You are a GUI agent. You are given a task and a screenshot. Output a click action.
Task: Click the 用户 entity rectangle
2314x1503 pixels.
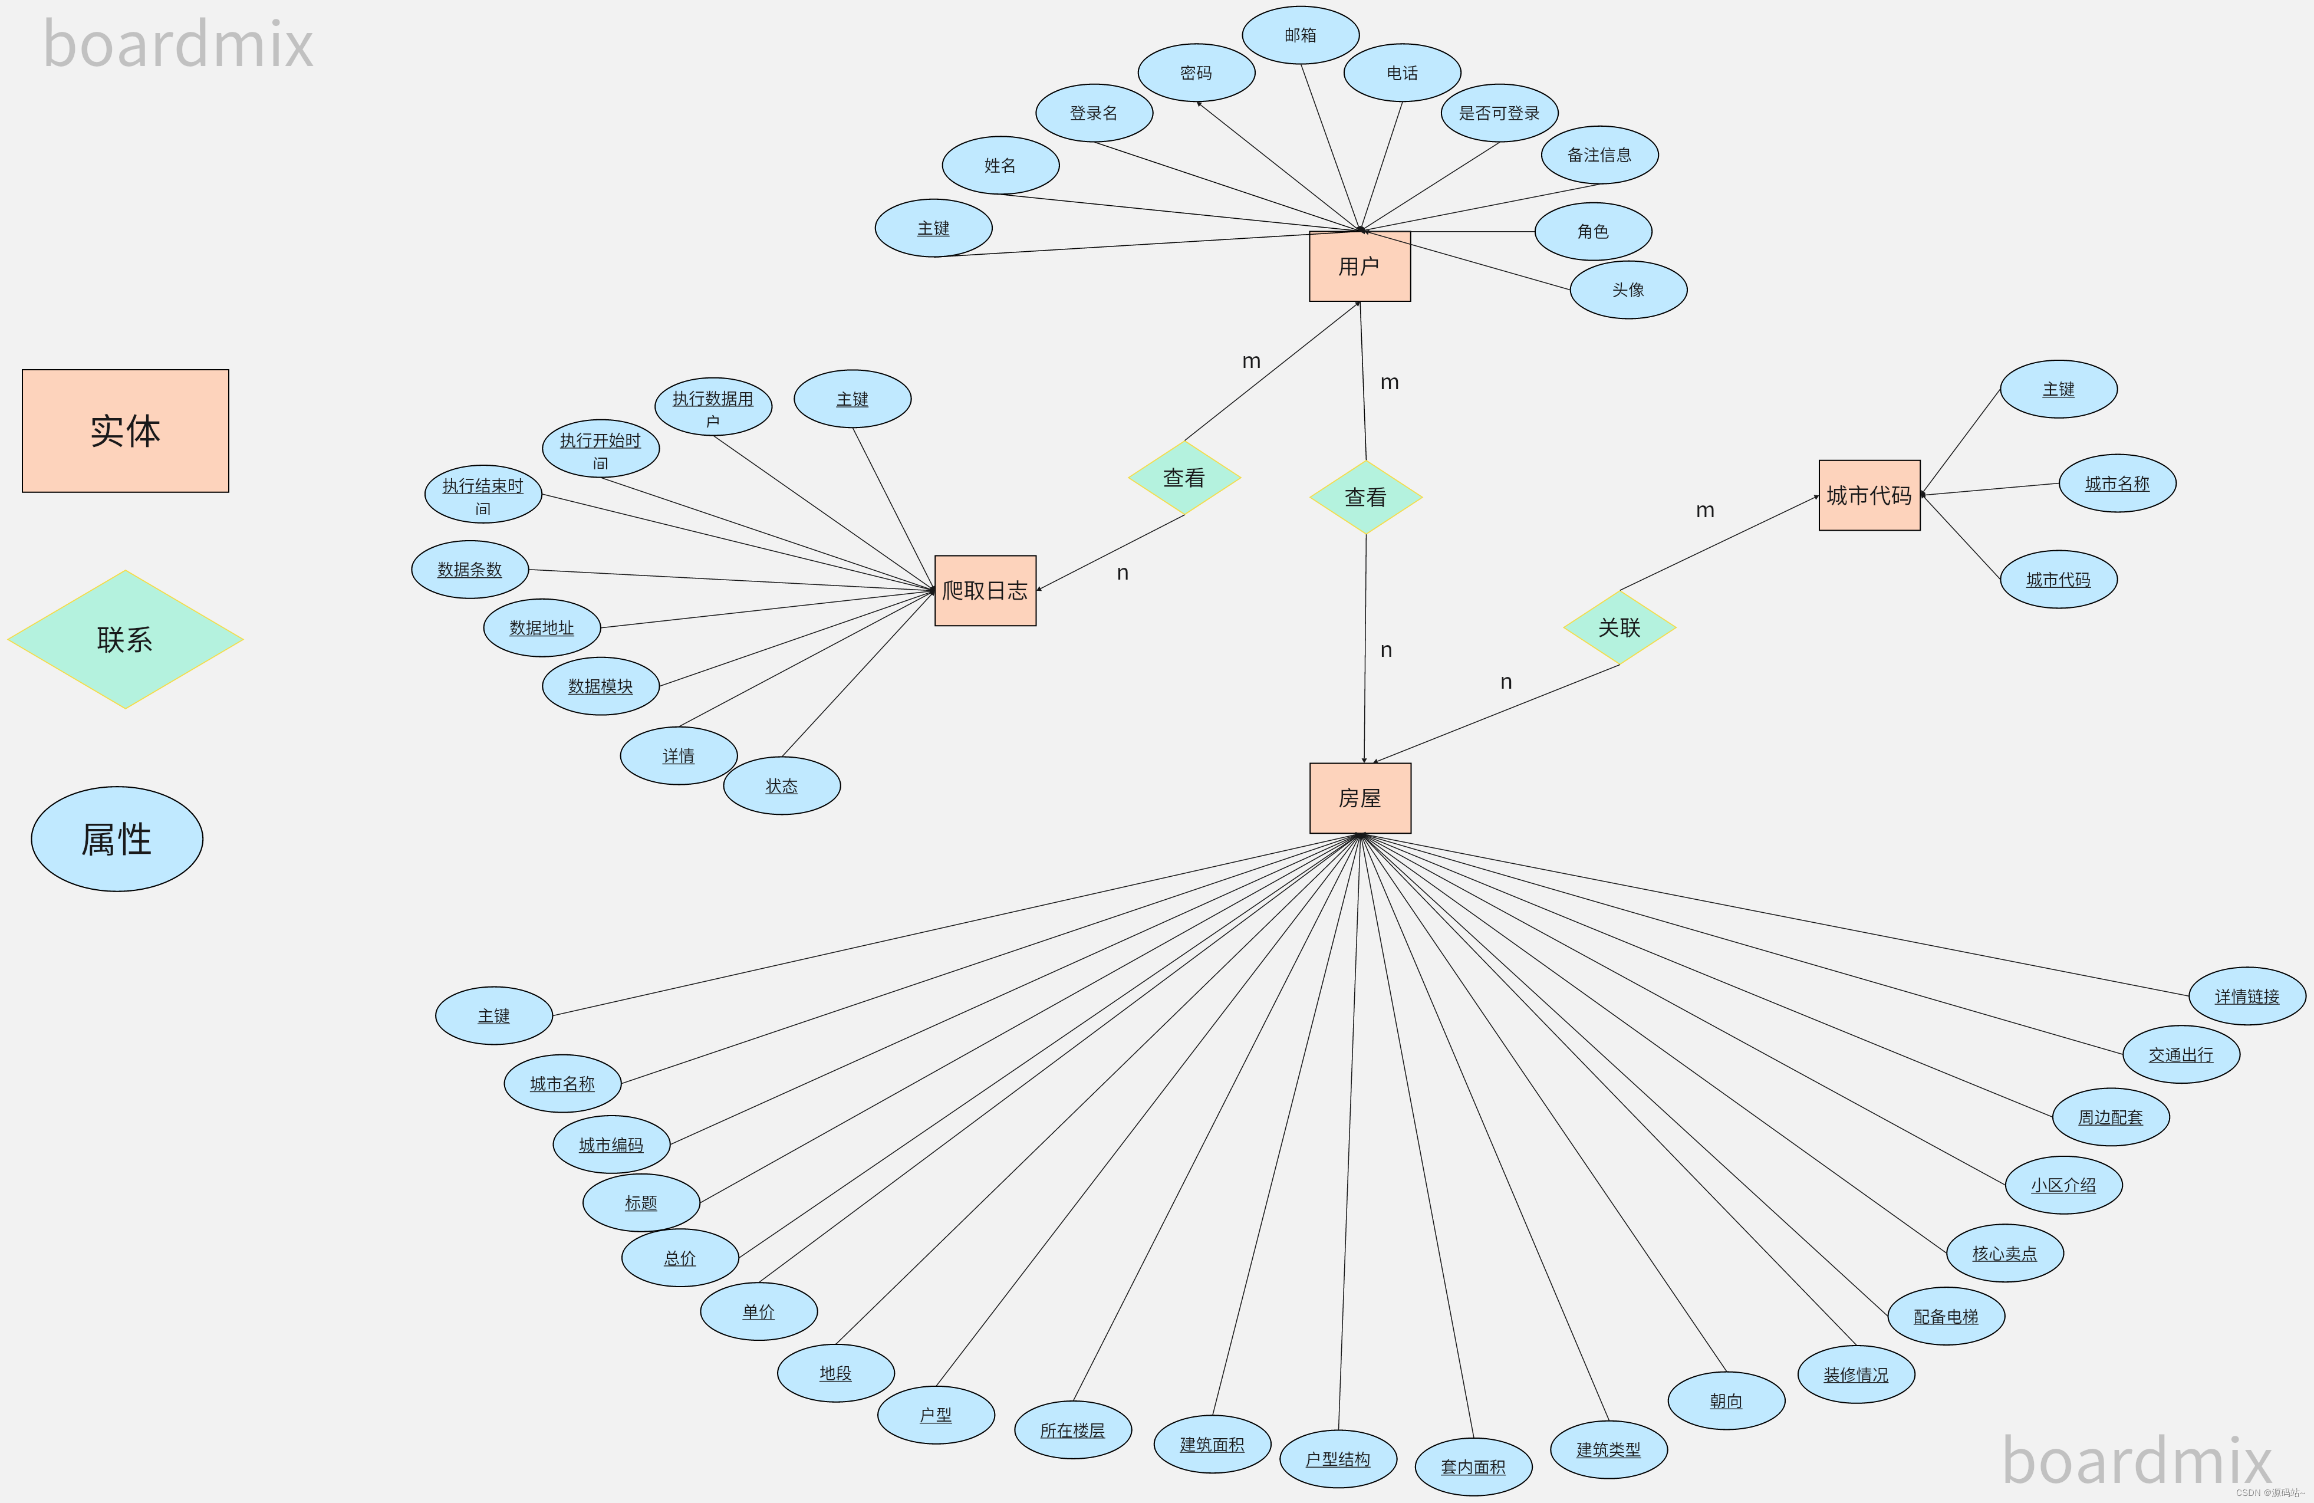pyautogui.click(x=1360, y=267)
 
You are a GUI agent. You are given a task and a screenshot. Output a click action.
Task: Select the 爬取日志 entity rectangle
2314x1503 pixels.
pyautogui.click(x=985, y=590)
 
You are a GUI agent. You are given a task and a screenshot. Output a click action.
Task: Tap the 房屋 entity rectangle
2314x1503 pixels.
pyautogui.click(x=1360, y=798)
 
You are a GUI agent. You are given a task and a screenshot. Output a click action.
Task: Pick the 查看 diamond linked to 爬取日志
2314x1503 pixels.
pyautogui.click(x=1183, y=478)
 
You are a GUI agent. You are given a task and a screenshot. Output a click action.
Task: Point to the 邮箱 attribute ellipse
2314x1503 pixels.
pyautogui.click(x=1300, y=35)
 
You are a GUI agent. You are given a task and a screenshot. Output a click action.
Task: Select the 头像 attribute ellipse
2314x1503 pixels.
pyautogui.click(x=1628, y=290)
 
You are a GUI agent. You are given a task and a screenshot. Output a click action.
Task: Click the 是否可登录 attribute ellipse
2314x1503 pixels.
pyautogui.click(x=1498, y=113)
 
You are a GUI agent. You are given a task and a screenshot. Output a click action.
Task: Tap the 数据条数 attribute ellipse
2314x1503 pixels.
pyautogui.click(x=470, y=570)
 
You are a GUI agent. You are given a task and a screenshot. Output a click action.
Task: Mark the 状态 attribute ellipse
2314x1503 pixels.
pyautogui.click(x=781, y=785)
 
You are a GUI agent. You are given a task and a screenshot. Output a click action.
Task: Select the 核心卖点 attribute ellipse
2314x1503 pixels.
pyautogui.click(x=2004, y=1253)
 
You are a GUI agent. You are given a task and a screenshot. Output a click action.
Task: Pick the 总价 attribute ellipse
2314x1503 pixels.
pyautogui.click(x=680, y=1258)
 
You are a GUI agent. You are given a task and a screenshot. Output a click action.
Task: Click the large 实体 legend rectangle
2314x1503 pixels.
pyautogui.click(x=126, y=430)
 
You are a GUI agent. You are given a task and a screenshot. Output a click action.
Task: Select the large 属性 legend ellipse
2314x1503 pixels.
pyautogui.click(x=117, y=839)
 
